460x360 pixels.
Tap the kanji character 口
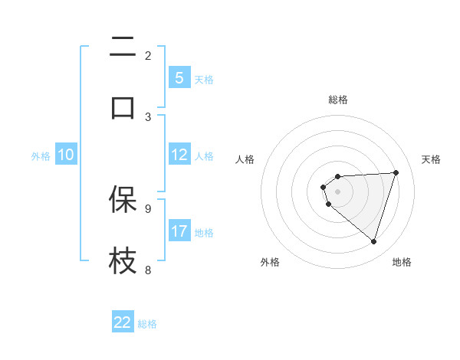click(123, 106)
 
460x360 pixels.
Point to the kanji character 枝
click(123, 260)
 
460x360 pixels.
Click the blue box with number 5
click(179, 77)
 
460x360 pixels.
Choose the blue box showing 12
click(179, 155)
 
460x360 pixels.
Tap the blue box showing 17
click(179, 231)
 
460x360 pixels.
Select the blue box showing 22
click(123, 322)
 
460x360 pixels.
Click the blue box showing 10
click(66, 155)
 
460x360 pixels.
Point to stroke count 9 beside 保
click(148, 208)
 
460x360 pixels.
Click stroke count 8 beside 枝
click(148, 269)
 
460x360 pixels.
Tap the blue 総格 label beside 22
click(147, 324)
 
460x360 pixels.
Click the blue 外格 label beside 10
click(41, 156)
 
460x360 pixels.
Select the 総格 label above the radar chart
click(337, 100)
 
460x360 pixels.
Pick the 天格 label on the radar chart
click(431, 159)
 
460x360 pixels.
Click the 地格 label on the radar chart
click(402, 262)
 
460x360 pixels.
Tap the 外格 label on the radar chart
click(270, 262)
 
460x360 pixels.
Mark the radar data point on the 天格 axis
click(396, 172)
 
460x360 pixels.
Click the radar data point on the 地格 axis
click(373, 242)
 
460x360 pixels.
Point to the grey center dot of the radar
click(337, 191)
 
